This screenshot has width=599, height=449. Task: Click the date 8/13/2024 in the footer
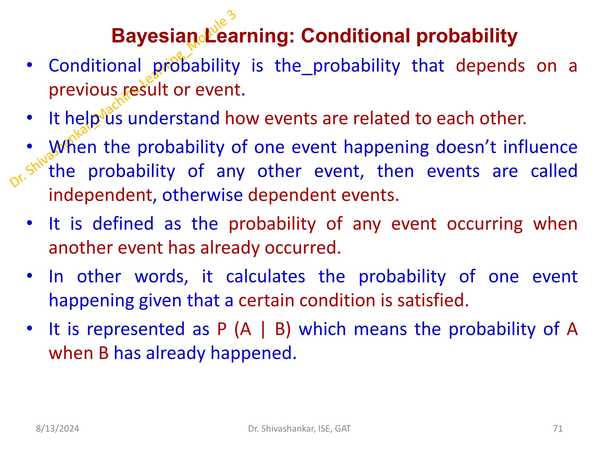(57, 429)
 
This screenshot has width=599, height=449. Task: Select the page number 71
(558, 429)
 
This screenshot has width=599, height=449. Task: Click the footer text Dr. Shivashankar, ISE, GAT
(299, 429)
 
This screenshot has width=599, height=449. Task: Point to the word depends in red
(490, 66)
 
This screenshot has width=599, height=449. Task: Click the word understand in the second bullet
(173, 119)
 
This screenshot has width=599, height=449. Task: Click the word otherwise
(202, 195)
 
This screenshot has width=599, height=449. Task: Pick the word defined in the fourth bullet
(123, 224)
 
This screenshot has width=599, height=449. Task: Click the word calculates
(265, 277)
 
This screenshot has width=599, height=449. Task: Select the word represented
(136, 329)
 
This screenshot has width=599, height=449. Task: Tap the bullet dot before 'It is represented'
(30, 329)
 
